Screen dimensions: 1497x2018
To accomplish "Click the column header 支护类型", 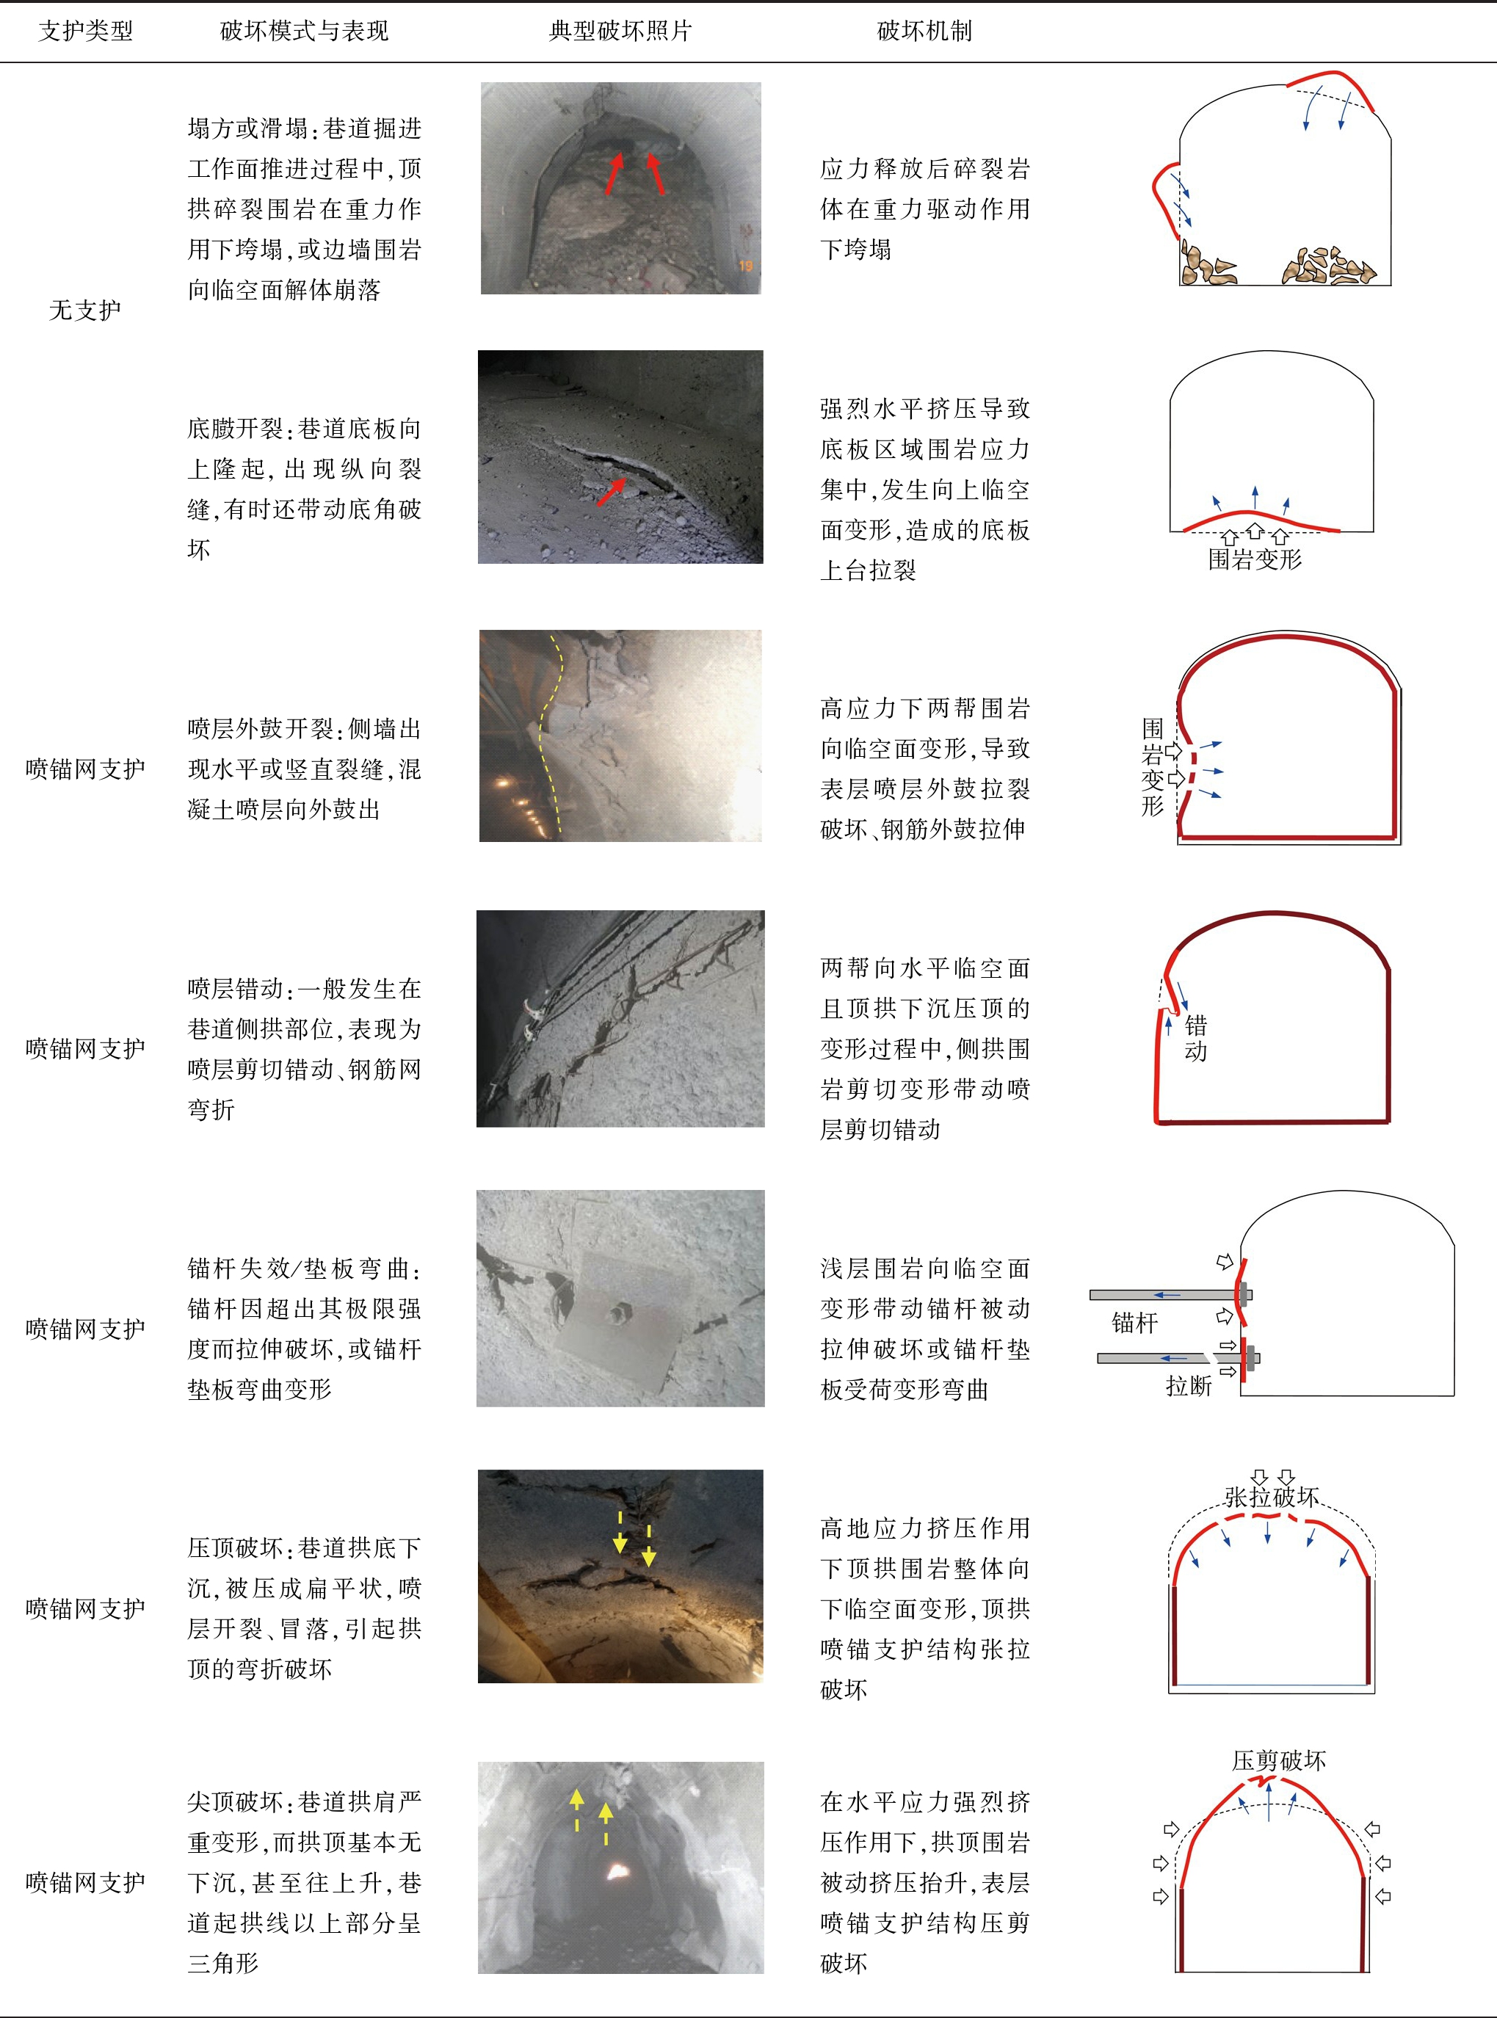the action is click(85, 31).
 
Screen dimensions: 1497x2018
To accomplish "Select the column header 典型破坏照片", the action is click(620, 31).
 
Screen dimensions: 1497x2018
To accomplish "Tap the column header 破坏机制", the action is click(924, 31).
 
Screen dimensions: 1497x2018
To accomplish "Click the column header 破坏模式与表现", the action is click(305, 31).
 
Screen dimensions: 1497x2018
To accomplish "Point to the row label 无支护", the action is click(84, 310).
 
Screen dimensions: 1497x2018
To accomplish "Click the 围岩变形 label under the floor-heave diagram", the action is click(1255, 559).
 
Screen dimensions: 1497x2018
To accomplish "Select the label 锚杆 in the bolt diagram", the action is click(1134, 1322).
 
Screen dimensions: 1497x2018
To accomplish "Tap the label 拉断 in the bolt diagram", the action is click(1188, 1385).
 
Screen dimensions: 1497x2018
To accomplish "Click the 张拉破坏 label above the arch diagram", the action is click(1272, 1497).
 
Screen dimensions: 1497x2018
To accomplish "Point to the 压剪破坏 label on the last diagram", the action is click(1279, 1760).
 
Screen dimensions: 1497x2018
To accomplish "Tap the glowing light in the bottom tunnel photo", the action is click(619, 1871).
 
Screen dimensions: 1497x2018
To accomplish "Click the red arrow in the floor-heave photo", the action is click(612, 492).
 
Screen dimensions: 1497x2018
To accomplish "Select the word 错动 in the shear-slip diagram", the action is click(1195, 1037).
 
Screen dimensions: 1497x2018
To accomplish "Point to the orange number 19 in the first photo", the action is click(745, 266).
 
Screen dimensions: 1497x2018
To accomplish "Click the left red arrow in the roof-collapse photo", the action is click(615, 173).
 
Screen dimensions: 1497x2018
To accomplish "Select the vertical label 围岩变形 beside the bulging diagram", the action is click(1152, 766).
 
